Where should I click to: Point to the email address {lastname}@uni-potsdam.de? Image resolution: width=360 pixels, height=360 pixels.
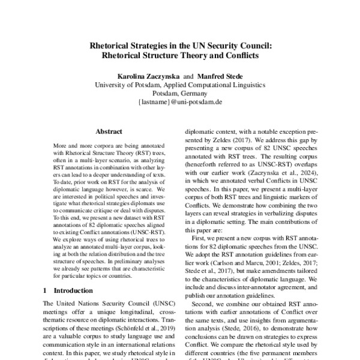coord(180,103)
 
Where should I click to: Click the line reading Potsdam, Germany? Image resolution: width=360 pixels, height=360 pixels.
coord(180,94)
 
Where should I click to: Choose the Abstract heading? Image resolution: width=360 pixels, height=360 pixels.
coord(109,131)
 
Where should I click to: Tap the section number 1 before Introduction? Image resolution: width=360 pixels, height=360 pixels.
coord(46,291)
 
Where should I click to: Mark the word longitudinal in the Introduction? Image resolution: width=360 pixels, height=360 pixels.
coord(123,313)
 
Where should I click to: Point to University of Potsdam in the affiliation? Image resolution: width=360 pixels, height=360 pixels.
coord(125,85)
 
